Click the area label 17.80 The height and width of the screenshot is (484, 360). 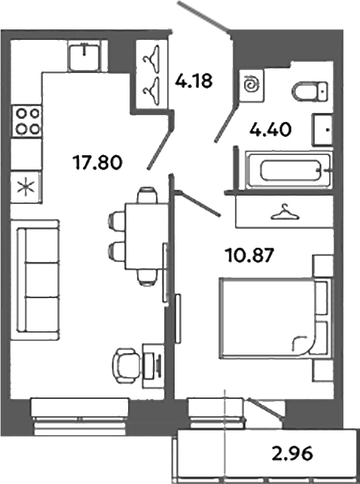tap(97, 160)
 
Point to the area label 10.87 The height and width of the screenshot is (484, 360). tap(248, 254)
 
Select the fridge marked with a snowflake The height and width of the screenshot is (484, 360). tap(27, 185)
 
